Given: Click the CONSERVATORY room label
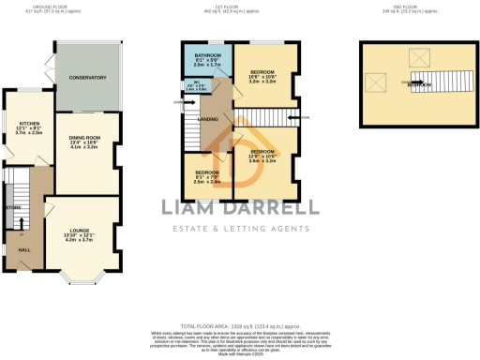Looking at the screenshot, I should coord(85,78).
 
